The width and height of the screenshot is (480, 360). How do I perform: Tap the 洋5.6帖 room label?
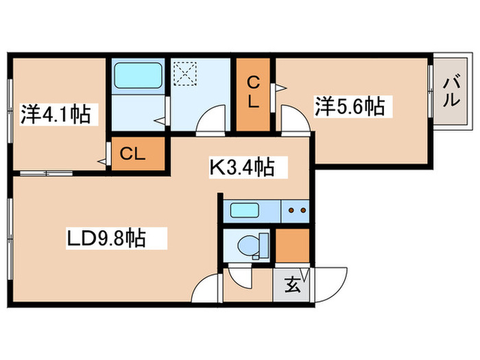[x=349, y=106]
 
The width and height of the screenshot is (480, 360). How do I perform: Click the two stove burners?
[x=296, y=211]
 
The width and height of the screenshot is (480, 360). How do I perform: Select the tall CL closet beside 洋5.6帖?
[x=253, y=94]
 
